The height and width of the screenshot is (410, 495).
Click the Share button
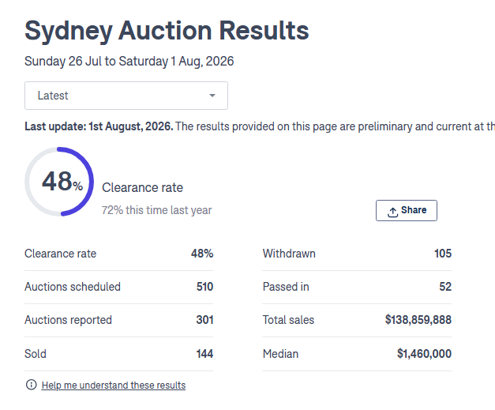407,210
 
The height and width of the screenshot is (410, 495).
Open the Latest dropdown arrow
212,96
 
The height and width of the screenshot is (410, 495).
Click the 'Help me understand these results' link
114,386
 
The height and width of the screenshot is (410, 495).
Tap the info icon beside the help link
32,385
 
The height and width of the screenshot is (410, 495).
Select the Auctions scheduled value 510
205,287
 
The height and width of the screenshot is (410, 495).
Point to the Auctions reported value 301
205,320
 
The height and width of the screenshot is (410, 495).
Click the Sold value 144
205,354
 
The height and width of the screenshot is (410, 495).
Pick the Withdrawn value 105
443,254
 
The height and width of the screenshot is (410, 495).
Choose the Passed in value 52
445,287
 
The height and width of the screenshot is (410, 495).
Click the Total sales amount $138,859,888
418,320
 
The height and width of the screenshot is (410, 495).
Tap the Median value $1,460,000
424,354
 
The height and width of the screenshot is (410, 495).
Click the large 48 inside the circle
57,182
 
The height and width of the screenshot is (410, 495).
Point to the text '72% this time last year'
156,210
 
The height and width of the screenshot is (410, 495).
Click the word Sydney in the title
69,32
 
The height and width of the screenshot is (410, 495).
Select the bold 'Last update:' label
55,126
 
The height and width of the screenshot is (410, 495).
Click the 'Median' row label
280,354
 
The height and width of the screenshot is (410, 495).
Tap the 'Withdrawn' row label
289,254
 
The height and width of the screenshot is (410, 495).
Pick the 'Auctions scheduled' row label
73,287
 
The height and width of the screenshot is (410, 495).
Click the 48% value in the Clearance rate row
202,254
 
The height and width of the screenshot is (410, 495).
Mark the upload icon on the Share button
392,213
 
